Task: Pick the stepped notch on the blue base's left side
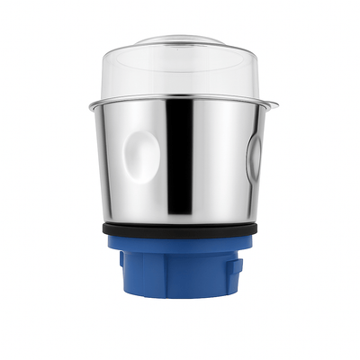click(123, 260)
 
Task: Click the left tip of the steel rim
click(90, 107)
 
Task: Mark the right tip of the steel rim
click(276, 105)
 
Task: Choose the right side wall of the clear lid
click(261, 72)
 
